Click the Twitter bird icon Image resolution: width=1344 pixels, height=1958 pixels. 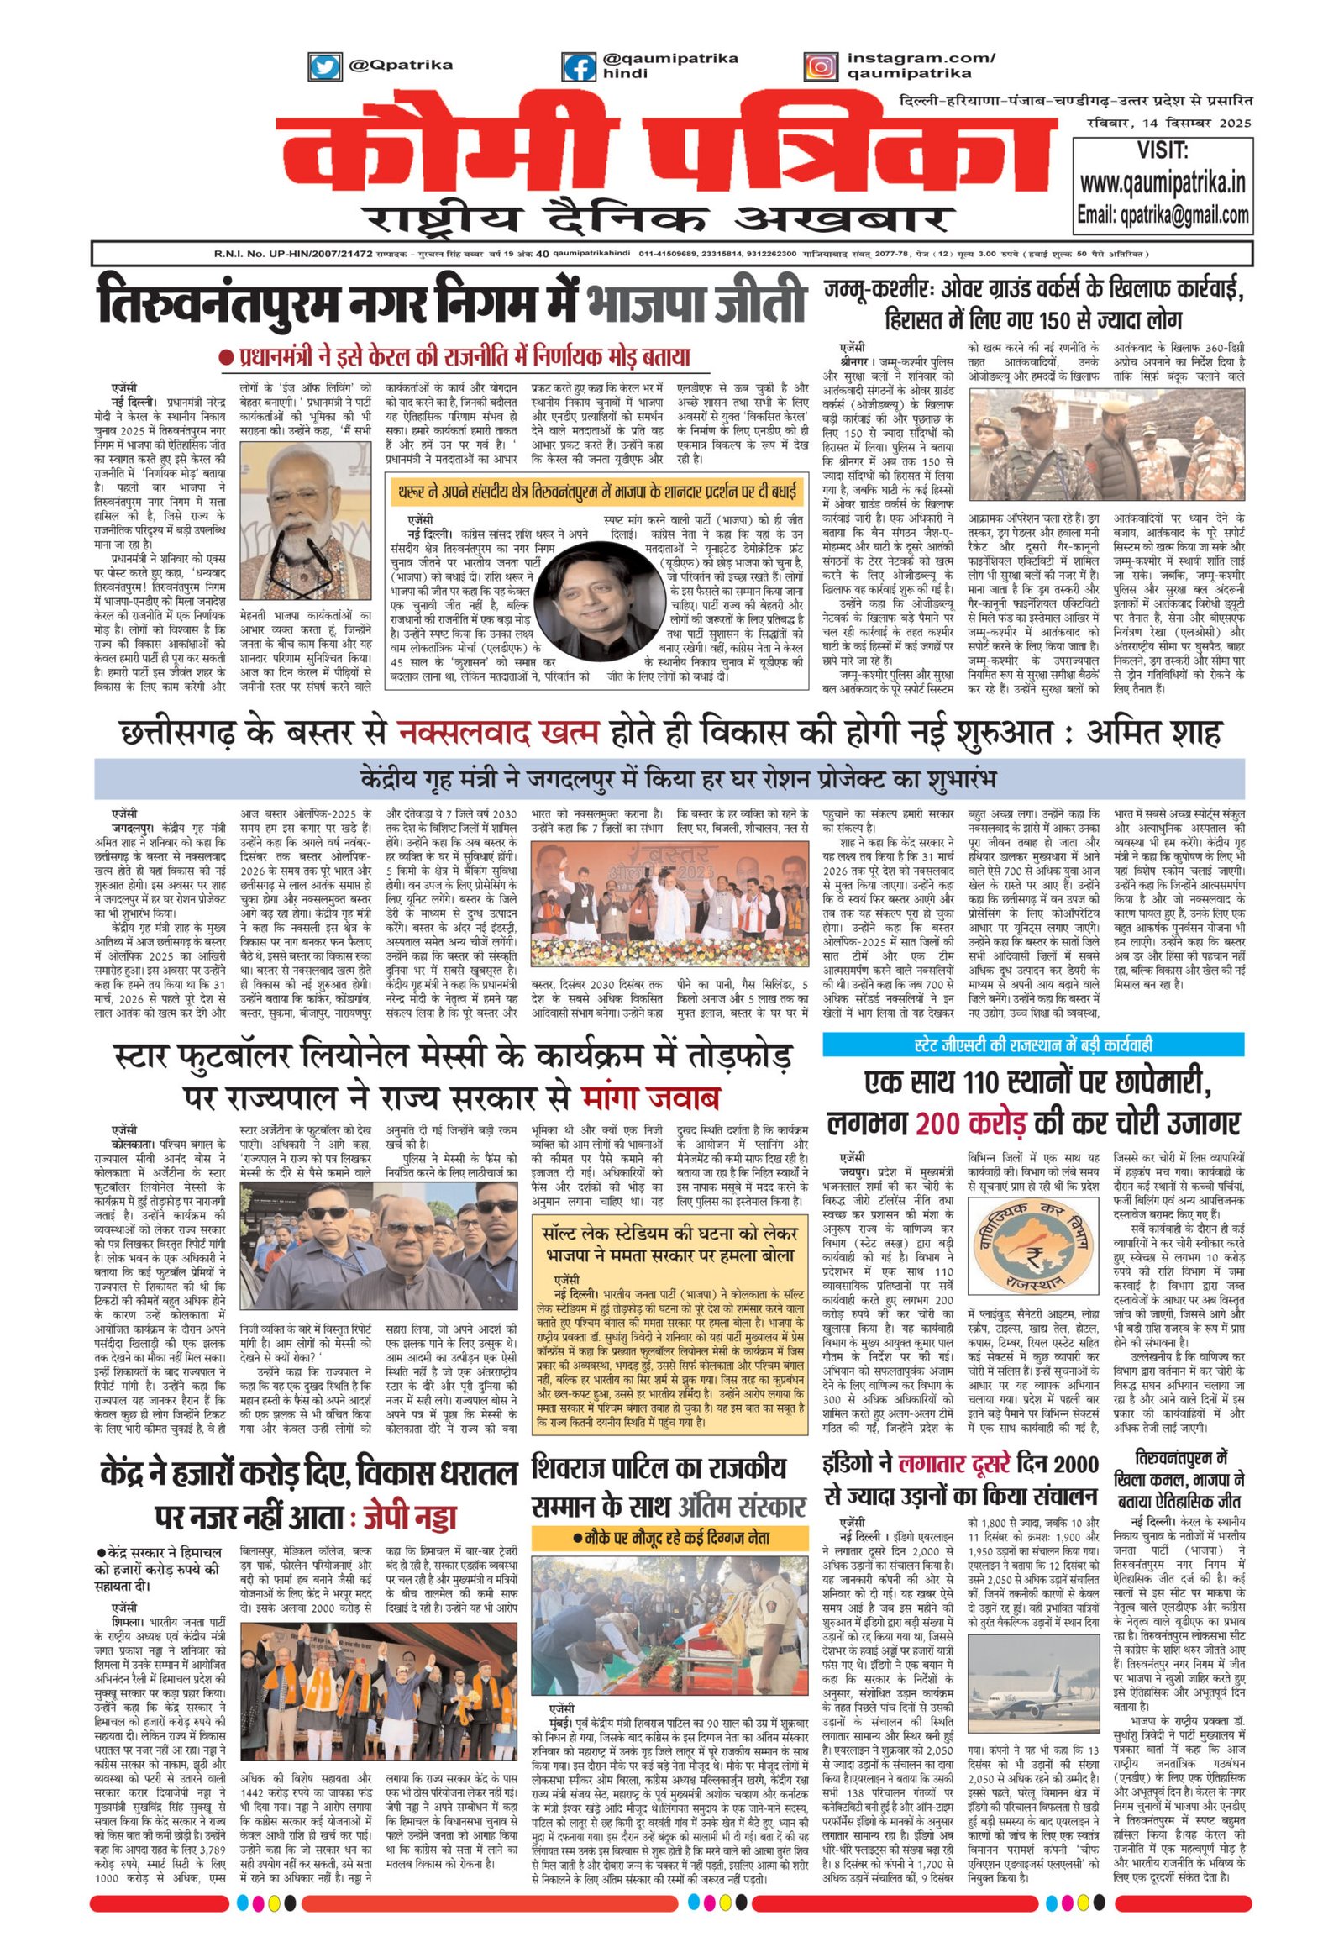[x=325, y=66]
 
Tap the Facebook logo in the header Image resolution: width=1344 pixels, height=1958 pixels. [x=578, y=66]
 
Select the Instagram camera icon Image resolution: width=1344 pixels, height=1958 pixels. [x=818, y=66]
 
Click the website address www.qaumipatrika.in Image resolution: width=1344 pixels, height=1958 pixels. [x=1163, y=183]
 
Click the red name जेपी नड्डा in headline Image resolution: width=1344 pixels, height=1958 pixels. [x=409, y=1516]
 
